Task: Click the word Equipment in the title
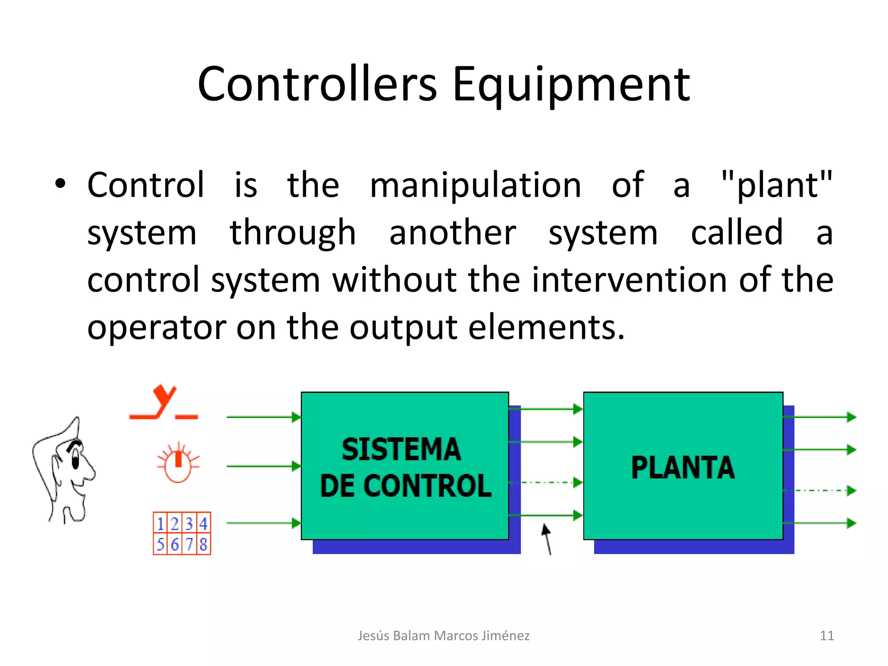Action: point(571,85)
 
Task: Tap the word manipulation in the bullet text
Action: point(475,185)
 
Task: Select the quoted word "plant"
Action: point(777,185)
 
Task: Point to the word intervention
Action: point(629,280)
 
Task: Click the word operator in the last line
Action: point(157,327)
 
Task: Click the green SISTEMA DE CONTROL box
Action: point(405,466)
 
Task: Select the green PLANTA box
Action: point(683,466)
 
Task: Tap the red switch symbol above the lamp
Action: point(164,403)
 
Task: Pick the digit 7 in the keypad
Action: point(189,544)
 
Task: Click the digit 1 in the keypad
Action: point(160,524)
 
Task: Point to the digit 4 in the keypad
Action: point(203,524)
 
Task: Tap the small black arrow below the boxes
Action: point(547,538)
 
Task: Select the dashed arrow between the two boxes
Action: point(545,483)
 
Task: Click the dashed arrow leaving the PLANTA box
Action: point(819,491)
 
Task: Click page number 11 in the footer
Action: point(827,636)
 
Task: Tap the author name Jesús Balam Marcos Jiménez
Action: point(443,636)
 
